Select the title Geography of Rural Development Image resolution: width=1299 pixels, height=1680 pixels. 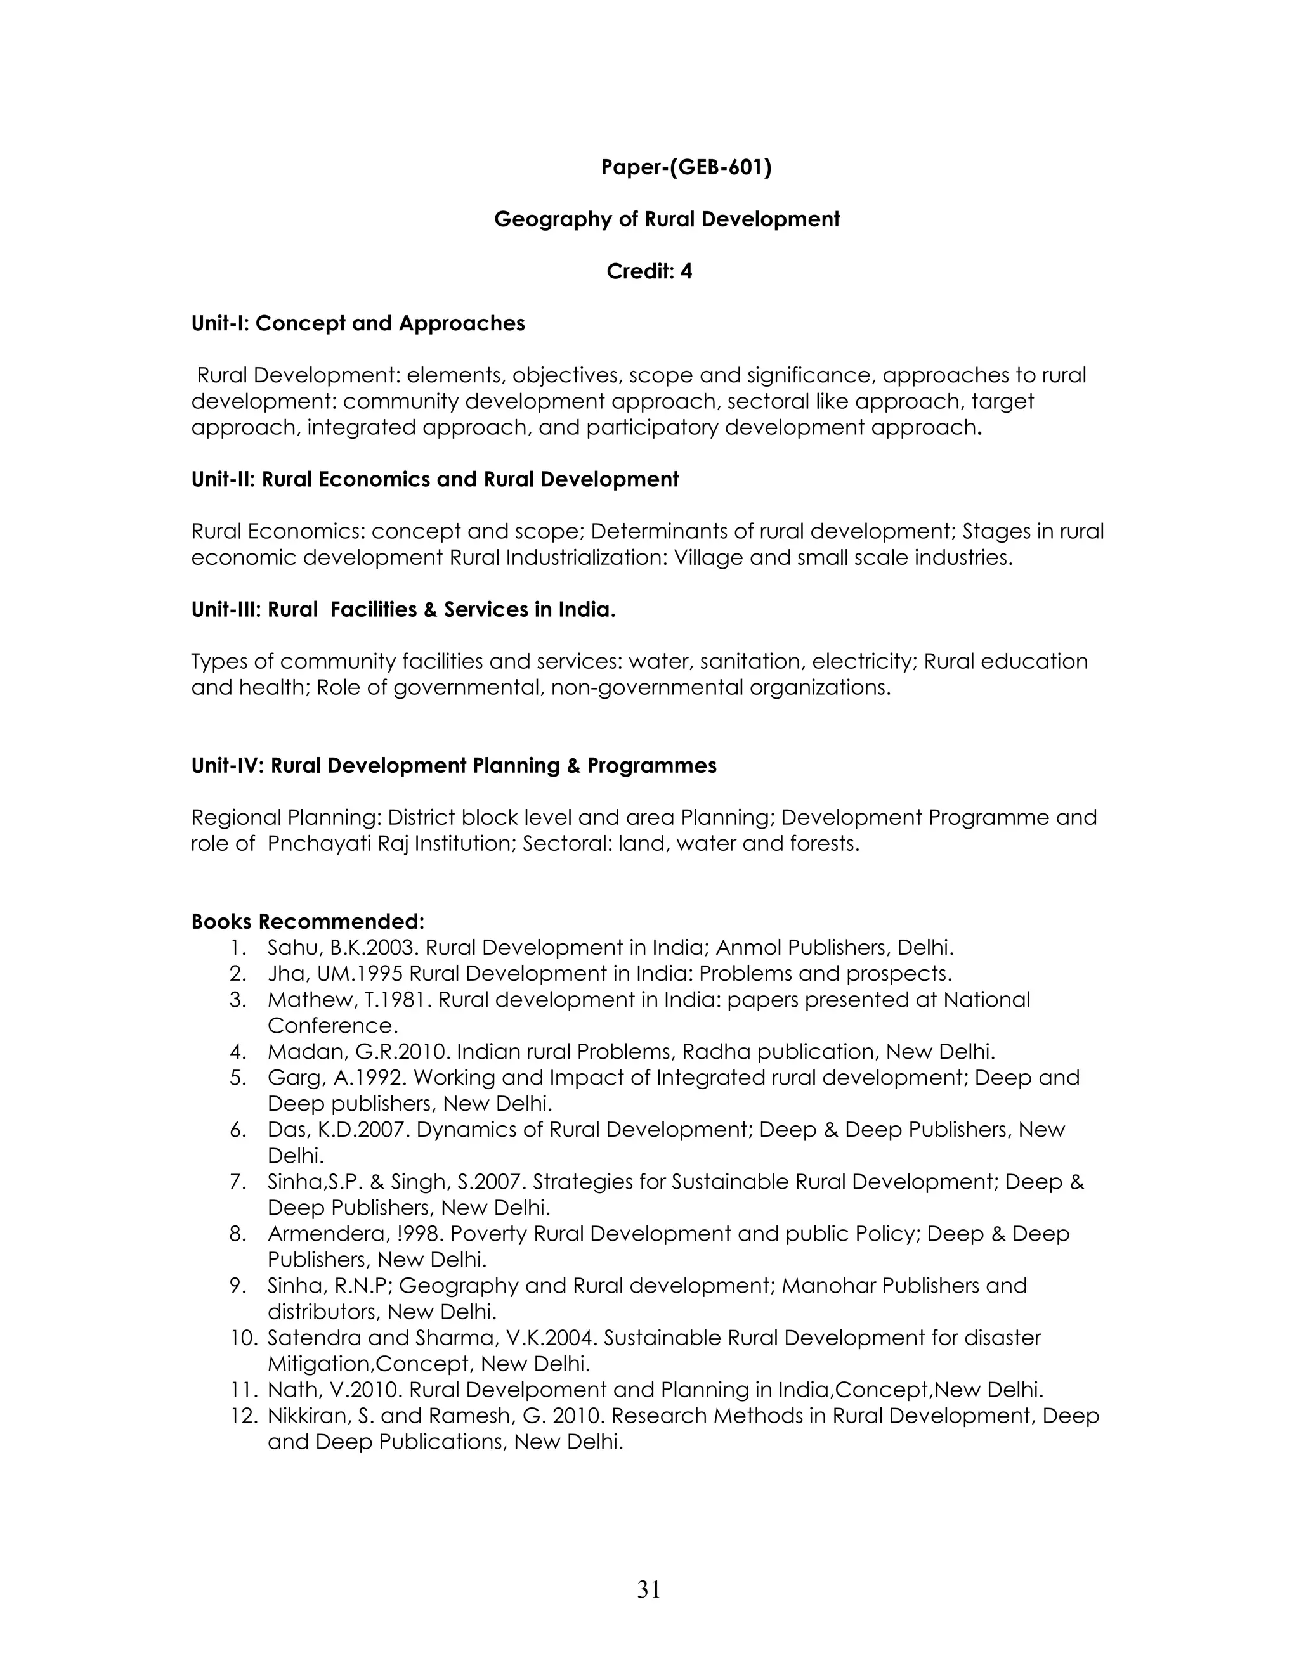tap(667, 219)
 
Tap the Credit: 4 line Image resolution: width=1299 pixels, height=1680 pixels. tap(649, 271)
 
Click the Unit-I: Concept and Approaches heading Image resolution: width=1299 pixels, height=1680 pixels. tap(358, 323)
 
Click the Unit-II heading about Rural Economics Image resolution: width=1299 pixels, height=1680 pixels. tap(434, 479)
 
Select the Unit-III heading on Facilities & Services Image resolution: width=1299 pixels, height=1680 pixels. tap(403, 609)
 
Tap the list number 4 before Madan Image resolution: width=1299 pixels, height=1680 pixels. tap(238, 1052)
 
